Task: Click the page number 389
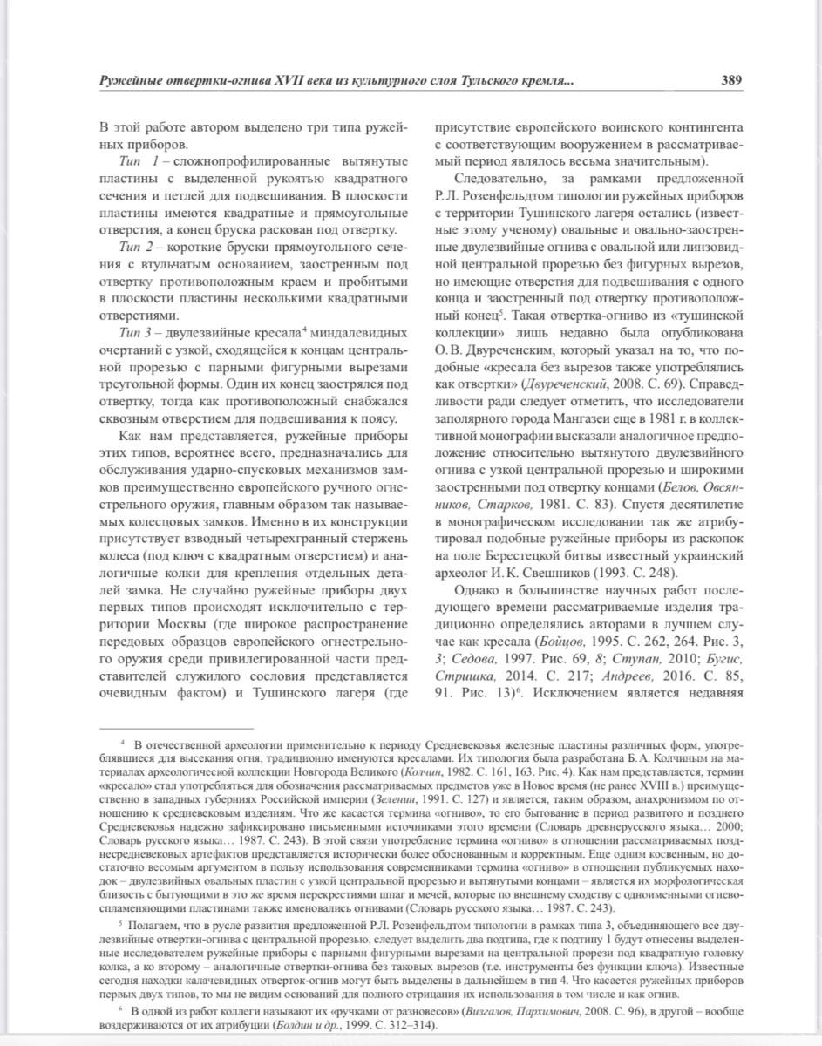[x=730, y=80]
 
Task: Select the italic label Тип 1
[x=137, y=163]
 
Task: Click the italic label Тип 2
[x=137, y=248]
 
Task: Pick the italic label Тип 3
[x=137, y=334]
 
